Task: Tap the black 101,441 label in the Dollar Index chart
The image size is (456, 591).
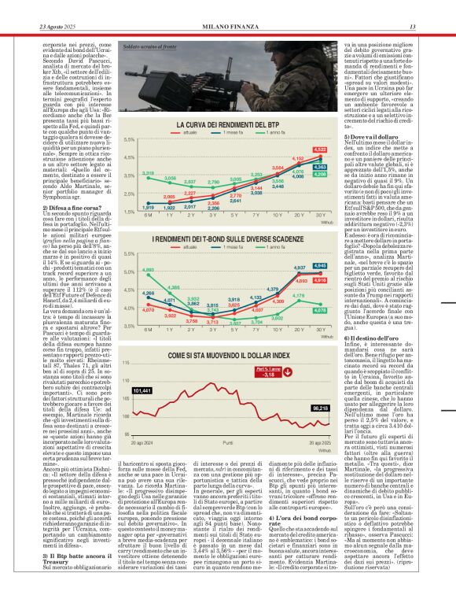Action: tap(143, 390)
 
